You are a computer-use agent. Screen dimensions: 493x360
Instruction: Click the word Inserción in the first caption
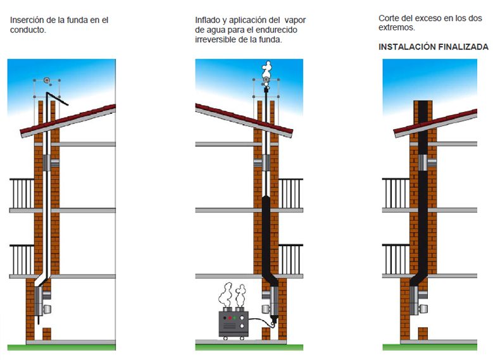[x=27, y=20]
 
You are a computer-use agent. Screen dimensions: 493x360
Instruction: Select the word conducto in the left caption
[x=28, y=30]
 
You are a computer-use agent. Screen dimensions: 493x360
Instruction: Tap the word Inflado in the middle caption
[x=208, y=20]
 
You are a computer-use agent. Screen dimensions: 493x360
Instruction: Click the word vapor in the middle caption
[x=295, y=20]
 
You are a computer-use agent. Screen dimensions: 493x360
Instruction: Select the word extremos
[x=396, y=28]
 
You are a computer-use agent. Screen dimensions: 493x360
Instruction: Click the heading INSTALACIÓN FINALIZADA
[x=434, y=47]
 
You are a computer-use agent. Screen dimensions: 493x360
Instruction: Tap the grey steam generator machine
[x=234, y=324]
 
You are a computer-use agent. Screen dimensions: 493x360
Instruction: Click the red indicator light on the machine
[x=230, y=318]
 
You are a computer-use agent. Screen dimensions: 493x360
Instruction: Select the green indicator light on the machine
[x=234, y=318]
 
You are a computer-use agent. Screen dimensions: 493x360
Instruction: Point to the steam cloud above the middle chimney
[x=267, y=70]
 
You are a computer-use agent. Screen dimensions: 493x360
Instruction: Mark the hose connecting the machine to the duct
[x=261, y=321]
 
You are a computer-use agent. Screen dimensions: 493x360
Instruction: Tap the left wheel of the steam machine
[x=225, y=338]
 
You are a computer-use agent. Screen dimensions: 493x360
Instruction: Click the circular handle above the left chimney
[x=47, y=80]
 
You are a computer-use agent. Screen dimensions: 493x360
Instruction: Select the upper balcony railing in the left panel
[x=22, y=194]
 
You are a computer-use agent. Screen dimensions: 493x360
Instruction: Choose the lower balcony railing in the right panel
[x=396, y=259]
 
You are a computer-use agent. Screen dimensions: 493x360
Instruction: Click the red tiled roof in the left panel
[x=68, y=120]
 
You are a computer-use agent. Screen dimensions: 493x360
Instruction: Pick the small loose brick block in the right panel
[x=423, y=333]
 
